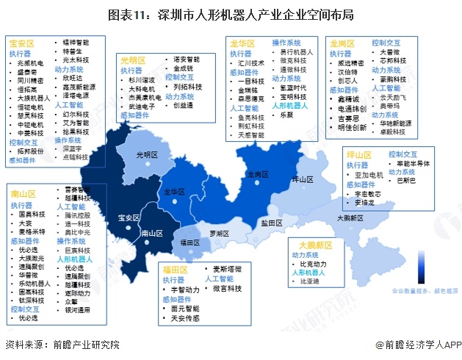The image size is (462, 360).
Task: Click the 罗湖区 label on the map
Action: (218, 232)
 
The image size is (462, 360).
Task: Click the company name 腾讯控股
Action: (78, 218)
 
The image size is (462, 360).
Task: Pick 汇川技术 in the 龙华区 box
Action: (252, 63)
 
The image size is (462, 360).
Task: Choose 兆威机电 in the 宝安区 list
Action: (32, 64)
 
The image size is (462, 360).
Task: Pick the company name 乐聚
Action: (286, 115)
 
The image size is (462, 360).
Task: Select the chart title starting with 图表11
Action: (231, 14)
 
